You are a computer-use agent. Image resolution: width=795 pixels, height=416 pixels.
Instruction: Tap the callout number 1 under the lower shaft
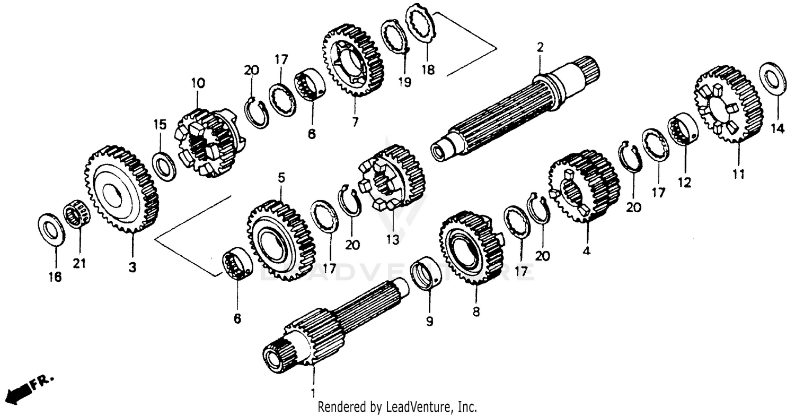tap(313, 393)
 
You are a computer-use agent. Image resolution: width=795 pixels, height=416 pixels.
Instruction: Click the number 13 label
tap(392, 240)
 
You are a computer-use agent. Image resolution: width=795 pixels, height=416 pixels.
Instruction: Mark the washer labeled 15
tap(164, 166)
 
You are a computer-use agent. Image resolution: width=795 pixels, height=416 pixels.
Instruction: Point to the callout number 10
tap(198, 83)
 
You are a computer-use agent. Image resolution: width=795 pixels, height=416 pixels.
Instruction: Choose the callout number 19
tap(404, 82)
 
